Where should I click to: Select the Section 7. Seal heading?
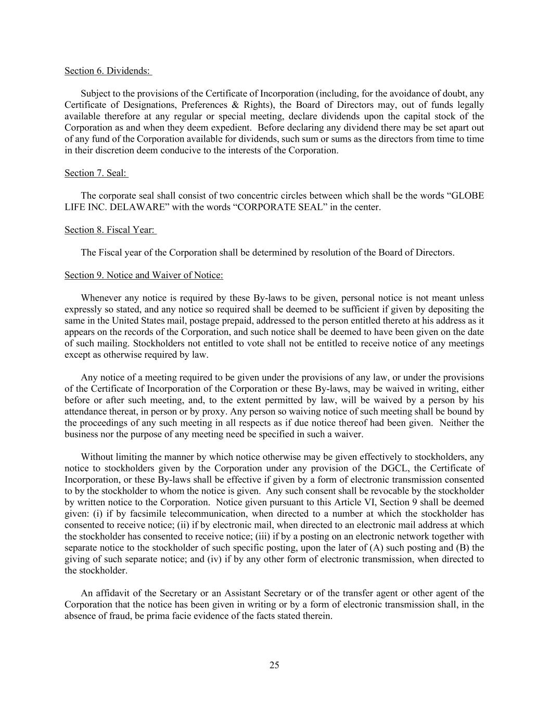coord(96,173)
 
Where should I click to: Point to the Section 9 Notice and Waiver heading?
coord(144,275)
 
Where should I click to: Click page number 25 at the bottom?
coord(274,665)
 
